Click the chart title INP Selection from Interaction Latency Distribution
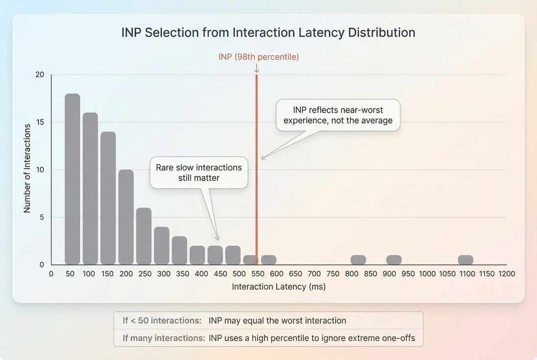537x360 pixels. pyautogui.click(x=268, y=33)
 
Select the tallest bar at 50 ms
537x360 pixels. pyautogui.click(x=72, y=179)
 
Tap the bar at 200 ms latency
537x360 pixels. pyautogui.click(x=126, y=217)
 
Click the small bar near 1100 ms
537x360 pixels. pyautogui.click(x=465, y=260)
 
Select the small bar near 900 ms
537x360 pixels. pyautogui.click(x=394, y=260)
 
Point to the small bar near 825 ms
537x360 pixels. pyautogui.click(x=358, y=260)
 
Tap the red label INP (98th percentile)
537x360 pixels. pyautogui.click(x=259, y=57)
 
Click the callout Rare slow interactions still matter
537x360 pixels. pyautogui.click(x=198, y=172)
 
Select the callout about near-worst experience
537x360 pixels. pyautogui.click(x=338, y=115)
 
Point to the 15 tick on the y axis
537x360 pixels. pyautogui.click(x=40, y=122)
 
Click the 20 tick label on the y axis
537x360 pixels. pyautogui.click(x=40, y=74)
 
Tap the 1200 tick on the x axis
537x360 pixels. pyautogui.click(x=507, y=274)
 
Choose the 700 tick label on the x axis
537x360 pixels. pyautogui.click(x=314, y=274)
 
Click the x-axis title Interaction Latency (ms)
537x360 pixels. pyautogui.click(x=278, y=287)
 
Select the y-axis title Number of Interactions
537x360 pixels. pyautogui.click(x=27, y=168)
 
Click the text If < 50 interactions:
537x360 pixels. pyautogui.click(x=162, y=321)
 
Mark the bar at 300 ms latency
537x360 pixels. pyautogui.click(x=162, y=245)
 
